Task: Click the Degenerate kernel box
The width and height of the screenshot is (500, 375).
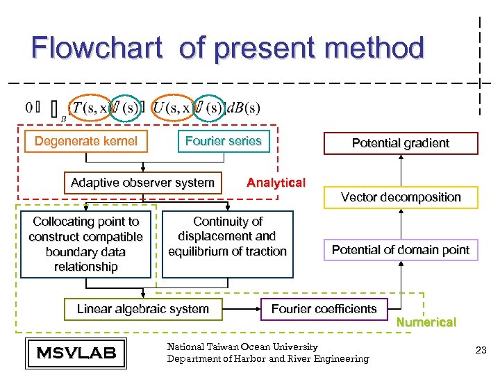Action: [85, 142]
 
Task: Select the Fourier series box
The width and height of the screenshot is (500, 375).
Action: [223, 142]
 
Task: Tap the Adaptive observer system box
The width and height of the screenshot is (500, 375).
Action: [142, 183]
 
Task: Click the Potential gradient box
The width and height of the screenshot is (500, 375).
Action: [400, 143]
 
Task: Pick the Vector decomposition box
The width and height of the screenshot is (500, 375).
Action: [400, 197]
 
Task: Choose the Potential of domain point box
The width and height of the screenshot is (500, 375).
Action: [400, 250]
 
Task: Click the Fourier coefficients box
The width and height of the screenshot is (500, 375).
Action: [324, 309]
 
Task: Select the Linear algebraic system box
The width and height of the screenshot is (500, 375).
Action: [142, 309]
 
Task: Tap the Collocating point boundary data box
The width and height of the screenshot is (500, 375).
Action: [85, 244]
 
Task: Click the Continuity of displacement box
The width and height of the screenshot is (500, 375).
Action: [227, 237]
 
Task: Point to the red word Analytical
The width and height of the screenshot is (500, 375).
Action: [276, 183]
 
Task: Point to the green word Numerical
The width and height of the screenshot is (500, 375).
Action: [426, 322]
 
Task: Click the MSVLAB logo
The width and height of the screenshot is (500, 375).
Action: [76, 353]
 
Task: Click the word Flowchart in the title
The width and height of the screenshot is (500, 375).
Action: [96, 48]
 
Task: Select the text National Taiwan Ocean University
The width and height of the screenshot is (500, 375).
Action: [242, 347]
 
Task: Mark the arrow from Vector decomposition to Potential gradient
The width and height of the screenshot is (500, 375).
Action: [400, 170]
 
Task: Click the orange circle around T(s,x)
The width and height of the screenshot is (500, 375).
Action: [90, 108]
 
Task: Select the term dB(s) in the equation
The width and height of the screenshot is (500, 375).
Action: [243, 108]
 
